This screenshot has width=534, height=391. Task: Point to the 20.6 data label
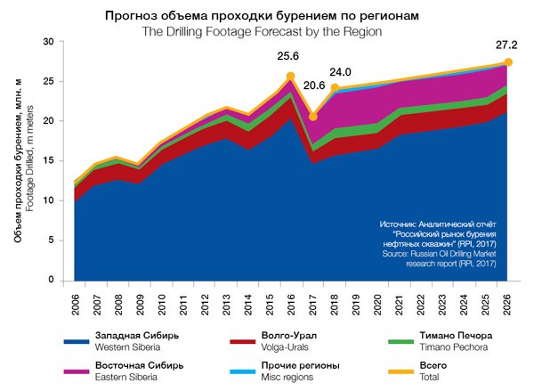pos(313,86)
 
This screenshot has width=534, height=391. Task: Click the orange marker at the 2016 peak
pos(291,77)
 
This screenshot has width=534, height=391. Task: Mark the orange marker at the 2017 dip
pos(313,116)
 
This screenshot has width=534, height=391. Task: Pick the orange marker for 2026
pos(508,62)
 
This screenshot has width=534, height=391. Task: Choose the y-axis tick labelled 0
pos(52,280)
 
